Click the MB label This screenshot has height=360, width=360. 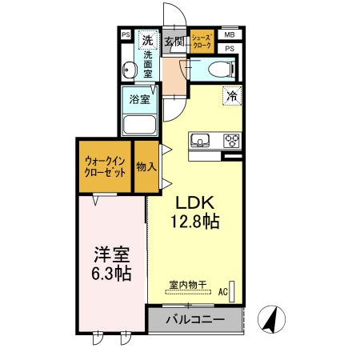[230, 35]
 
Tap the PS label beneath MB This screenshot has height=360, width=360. [230, 49]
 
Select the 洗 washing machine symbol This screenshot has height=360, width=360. [147, 39]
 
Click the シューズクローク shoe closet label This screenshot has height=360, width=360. [200, 41]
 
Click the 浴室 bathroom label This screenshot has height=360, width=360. [140, 100]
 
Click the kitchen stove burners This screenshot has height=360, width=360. [231, 142]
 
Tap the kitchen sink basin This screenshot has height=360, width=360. [200, 142]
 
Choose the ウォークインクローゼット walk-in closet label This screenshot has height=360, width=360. [104, 167]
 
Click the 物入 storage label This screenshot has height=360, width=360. [145, 166]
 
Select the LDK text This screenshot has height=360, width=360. [191, 202]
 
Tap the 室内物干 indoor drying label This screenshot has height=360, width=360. [187, 284]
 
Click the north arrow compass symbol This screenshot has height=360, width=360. [270, 320]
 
